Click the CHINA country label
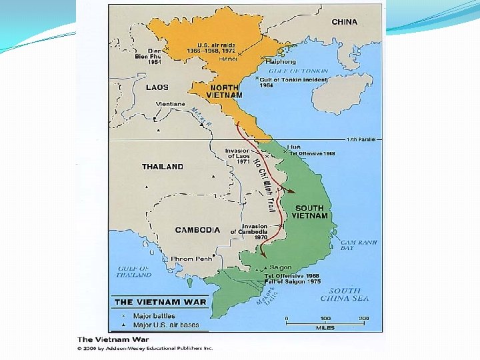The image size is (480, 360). (344, 22)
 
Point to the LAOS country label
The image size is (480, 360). (157, 87)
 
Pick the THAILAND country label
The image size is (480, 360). (162, 167)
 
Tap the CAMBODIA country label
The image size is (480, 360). (197, 230)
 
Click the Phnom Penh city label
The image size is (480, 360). (191, 259)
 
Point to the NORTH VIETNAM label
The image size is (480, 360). (224, 91)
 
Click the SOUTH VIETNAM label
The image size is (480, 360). (309, 211)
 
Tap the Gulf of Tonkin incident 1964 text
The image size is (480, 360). (293, 83)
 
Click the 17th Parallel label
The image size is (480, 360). (361, 139)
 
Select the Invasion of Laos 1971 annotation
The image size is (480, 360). (237, 157)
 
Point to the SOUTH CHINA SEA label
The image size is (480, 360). (349, 295)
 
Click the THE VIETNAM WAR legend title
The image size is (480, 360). (160, 302)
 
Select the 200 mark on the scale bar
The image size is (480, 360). (363, 319)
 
